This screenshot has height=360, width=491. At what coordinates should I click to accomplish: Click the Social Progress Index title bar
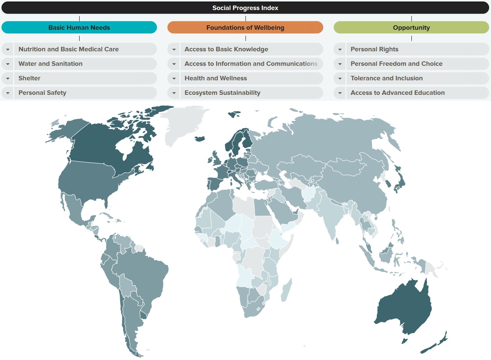(245, 8)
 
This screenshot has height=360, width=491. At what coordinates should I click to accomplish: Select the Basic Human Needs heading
(79, 28)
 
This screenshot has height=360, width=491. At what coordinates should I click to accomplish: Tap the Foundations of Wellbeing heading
(245, 28)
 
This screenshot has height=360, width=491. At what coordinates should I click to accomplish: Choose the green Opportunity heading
(411, 28)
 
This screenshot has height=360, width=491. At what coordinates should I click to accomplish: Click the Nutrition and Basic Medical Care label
(68, 49)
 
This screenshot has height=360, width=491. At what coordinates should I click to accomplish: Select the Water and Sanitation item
(51, 64)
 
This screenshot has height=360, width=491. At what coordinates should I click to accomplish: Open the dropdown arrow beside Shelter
(8, 78)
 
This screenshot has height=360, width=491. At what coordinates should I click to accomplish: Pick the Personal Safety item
(42, 93)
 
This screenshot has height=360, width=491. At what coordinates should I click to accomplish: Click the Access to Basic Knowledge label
(226, 49)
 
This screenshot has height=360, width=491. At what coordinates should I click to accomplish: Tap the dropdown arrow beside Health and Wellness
(174, 78)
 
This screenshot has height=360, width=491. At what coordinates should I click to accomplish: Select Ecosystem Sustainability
(222, 93)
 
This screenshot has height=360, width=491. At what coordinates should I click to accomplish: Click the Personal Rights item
(374, 49)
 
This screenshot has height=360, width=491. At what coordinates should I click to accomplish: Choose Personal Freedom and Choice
(397, 64)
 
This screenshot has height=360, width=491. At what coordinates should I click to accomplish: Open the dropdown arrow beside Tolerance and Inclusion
(340, 78)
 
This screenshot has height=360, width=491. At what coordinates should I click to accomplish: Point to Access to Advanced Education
(398, 93)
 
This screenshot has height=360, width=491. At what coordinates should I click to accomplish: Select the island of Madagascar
(286, 290)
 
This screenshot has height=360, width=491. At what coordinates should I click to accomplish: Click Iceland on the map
(200, 139)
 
